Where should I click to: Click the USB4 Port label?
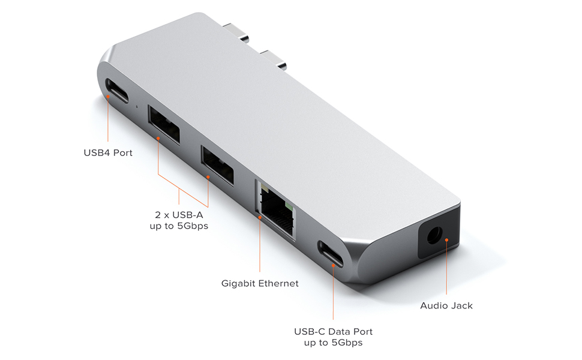[x=108, y=153]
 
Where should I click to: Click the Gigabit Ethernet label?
[x=260, y=283]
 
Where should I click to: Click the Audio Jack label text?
[x=446, y=305]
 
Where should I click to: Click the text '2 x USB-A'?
[x=179, y=214]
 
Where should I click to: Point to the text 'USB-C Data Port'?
[x=333, y=331]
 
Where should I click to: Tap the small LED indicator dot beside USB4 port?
[x=137, y=107]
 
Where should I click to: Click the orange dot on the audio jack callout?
[x=447, y=239]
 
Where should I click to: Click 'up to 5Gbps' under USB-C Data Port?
[x=333, y=343]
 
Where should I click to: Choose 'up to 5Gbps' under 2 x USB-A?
[x=179, y=226]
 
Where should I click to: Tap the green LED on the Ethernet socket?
[x=290, y=209]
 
